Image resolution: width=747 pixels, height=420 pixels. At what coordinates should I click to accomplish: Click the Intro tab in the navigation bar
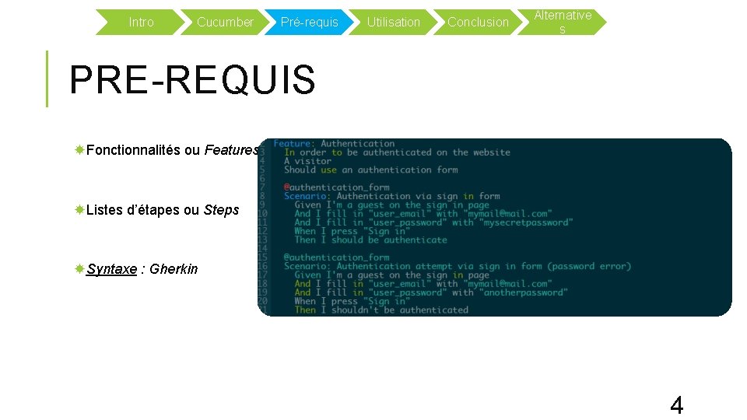point(141,23)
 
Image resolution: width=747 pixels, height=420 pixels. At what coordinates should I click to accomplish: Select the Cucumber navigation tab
point(225,23)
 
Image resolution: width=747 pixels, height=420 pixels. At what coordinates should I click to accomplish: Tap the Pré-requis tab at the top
point(309,23)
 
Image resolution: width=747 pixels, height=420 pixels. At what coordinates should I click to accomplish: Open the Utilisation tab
point(393,23)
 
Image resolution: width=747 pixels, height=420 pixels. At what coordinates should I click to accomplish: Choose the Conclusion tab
point(478,23)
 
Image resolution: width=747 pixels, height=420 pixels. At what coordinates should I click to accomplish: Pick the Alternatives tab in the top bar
point(563,22)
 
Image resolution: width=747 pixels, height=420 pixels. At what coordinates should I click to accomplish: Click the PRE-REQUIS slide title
point(192,79)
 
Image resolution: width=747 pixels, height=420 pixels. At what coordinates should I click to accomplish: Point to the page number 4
point(676,405)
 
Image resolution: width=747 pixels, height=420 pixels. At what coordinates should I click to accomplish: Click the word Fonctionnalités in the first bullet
point(133,150)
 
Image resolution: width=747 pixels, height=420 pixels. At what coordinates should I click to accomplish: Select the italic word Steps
point(221,210)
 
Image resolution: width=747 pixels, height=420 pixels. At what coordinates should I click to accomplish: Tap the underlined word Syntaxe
point(111,269)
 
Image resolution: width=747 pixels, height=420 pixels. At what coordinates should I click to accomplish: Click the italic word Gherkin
point(174,269)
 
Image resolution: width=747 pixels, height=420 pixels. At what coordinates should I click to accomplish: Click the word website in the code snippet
point(492,152)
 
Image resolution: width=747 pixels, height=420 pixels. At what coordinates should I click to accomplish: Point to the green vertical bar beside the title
point(47,79)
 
